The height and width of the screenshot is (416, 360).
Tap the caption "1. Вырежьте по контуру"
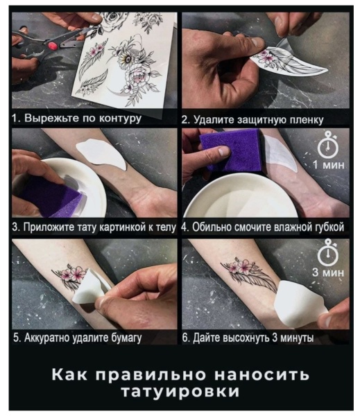(x=77, y=118)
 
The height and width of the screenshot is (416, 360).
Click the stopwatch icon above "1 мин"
(x=327, y=147)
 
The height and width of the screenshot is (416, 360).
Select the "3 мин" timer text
(x=327, y=272)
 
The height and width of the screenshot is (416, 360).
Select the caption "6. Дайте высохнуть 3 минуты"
(x=248, y=338)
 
